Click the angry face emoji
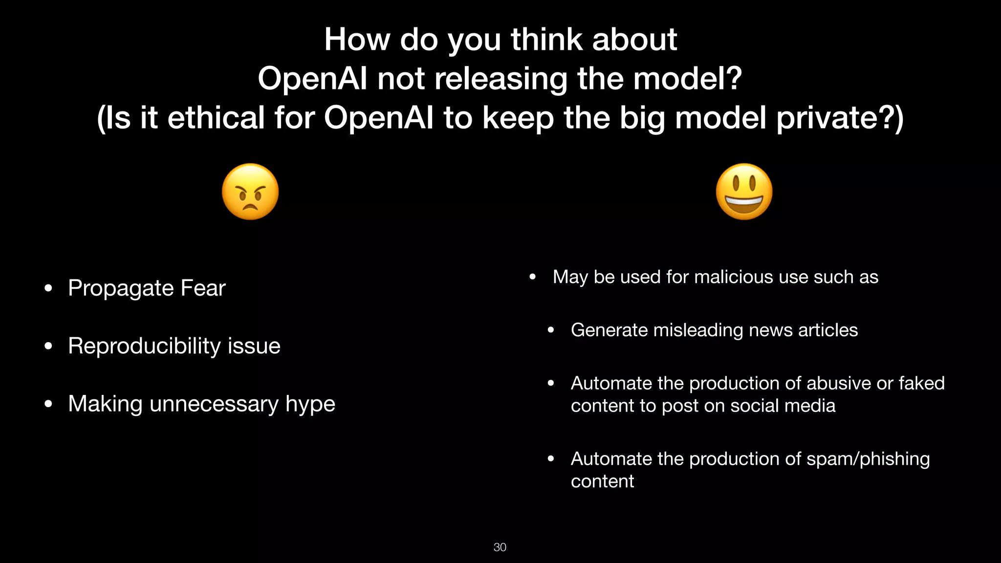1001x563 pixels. pos(250,192)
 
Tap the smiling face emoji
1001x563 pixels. pos(744,192)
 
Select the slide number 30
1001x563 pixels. pos(500,547)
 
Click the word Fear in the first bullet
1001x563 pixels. pos(203,288)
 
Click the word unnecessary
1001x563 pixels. pos(214,404)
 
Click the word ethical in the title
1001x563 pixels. pos(216,118)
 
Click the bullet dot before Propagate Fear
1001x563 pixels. pos(48,288)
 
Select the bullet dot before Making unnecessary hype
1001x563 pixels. pos(48,404)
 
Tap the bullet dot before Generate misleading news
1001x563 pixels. pos(551,330)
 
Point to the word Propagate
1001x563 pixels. pos(119,288)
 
